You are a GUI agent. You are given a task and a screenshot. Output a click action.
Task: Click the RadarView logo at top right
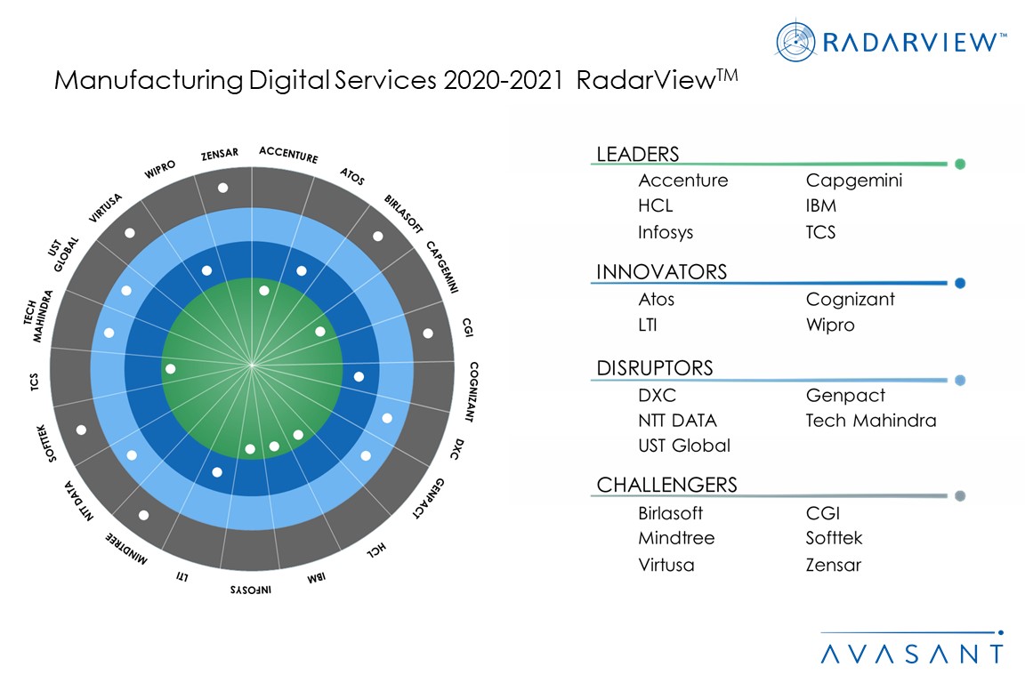click(x=891, y=40)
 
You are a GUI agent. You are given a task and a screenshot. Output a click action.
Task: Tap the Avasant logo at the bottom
click(x=911, y=652)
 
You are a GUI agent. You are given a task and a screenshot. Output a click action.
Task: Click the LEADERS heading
click(x=637, y=154)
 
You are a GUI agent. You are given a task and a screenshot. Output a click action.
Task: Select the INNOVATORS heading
click(x=661, y=272)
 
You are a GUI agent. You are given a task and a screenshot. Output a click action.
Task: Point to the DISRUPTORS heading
click(x=655, y=368)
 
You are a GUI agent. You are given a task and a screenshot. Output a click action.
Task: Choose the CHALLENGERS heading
click(x=666, y=485)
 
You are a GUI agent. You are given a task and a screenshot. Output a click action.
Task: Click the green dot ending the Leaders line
click(x=960, y=164)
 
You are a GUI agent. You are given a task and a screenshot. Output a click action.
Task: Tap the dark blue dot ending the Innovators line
click(x=960, y=284)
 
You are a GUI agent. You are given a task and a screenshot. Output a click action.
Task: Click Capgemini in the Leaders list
click(x=854, y=181)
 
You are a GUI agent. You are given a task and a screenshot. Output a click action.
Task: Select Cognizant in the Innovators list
click(x=851, y=300)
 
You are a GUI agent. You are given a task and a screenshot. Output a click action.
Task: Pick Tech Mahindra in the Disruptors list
click(x=871, y=421)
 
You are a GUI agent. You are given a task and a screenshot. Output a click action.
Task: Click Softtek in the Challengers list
click(x=835, y=538)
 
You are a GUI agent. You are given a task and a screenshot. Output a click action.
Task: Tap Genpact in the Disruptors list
click(x=845, y=396)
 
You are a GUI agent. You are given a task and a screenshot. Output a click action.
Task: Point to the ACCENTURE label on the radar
click(x=288, y=154)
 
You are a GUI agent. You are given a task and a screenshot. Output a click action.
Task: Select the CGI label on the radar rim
click(x=468, y=328)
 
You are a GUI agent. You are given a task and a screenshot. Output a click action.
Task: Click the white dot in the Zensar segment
click(x=222, y=188)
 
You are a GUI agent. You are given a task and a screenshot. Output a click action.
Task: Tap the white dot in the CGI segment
click(x=428, y=333)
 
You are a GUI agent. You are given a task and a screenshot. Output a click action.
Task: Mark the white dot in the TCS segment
click(x=171, y=368)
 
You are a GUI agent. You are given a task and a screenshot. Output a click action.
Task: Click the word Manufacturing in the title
click(x=147, y=81)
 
